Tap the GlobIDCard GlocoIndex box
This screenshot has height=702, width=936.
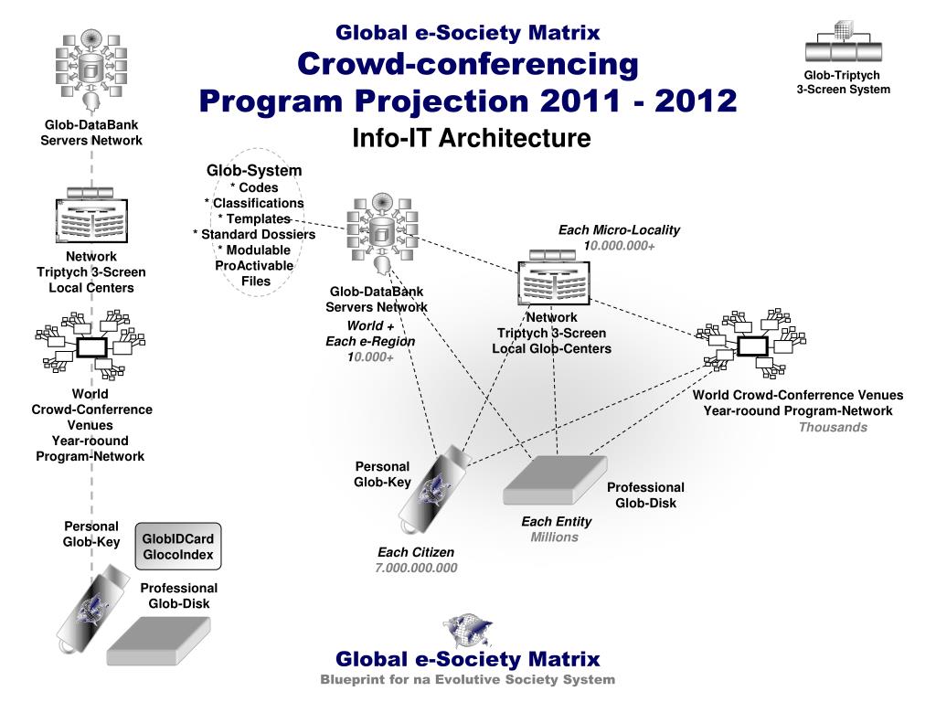pyautogui.click(x=178, y=547)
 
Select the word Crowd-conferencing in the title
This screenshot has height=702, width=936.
pyautogui.click(x=468, y=64)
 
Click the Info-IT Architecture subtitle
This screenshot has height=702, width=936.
pyautogui.click(x=472, y=138)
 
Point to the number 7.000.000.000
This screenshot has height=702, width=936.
pyautogui.click(x=416, y=568)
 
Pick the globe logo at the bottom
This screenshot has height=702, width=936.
pyautogui.click(x=467, y=630)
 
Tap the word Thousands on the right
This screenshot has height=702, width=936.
pyautogui.click(x=833, y=427)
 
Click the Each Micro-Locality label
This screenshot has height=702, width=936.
pyautogui.click(x=619, y=230)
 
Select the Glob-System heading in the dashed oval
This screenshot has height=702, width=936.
pyautogui.click(x=254, y=171)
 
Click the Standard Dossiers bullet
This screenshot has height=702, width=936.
pyautogui.click(x=254, y=234)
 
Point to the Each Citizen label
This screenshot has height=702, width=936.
pyautogui.click(x=416, y=552)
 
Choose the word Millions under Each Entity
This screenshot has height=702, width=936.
pyautogui.click(x=555, y=537)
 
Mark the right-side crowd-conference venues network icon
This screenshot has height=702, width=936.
pyautogui.click(x=751, y=345)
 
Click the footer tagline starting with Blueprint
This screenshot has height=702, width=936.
pyautogui.click(x=467, y=679)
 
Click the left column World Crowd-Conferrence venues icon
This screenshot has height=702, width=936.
pyautogui.click(x=90, y=346)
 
